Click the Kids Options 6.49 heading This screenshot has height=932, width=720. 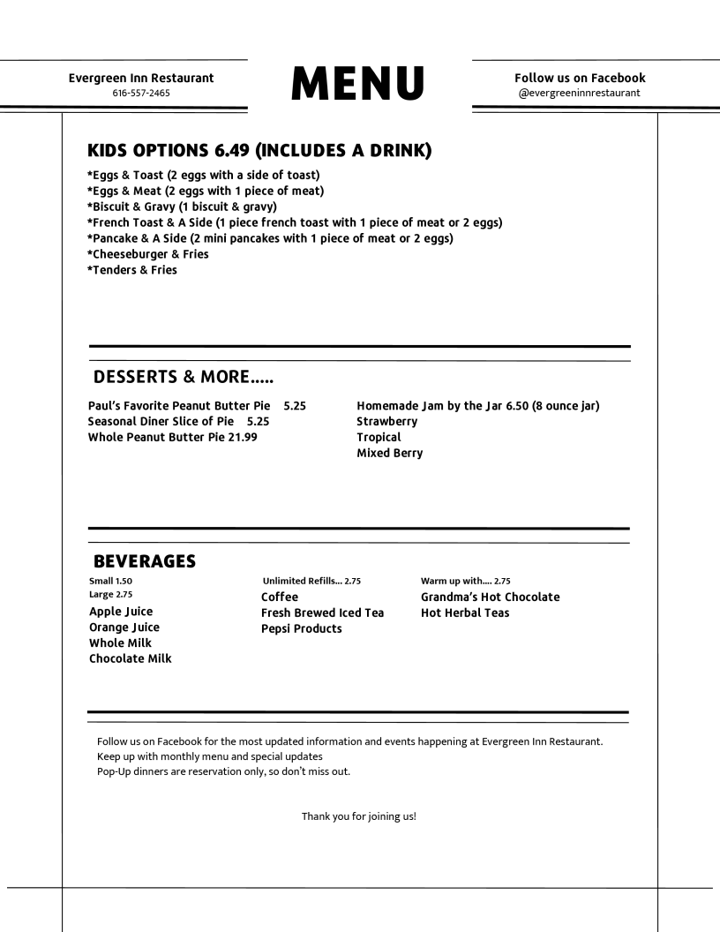(259, 151)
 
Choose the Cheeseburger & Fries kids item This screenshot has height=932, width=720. (147, 254)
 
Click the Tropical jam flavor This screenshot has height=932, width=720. (379, 437)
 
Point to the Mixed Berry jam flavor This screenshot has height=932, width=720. (389, 453)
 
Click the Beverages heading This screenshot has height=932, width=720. (144, 561)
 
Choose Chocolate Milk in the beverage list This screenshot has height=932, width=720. (131, 658)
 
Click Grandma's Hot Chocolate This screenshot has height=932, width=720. (490, 597)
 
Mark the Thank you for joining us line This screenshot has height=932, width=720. (359, 815)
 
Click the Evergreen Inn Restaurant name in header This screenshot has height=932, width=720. (141, 78)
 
